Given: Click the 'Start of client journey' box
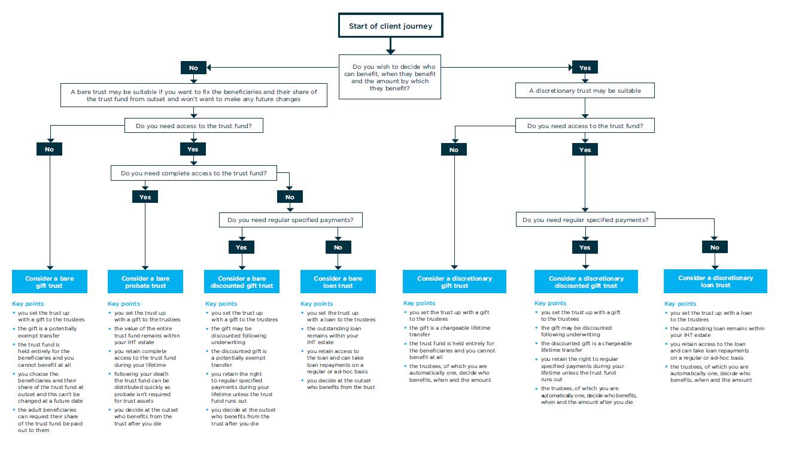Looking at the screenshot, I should tap(390, 26).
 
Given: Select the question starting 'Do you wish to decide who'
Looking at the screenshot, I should tap(390, 77).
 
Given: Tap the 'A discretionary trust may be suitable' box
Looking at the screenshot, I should tap(585, 91).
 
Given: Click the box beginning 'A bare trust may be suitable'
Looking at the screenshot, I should tap(193, 95).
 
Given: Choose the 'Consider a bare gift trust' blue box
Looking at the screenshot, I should tap(50, 282).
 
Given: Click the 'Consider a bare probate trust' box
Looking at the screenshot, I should tap(145, 282).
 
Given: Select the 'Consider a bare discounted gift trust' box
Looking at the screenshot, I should tap(242, 282).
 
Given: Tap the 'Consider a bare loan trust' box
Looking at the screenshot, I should tap(338, 282).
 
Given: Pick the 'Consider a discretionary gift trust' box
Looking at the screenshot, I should tap(454, 282).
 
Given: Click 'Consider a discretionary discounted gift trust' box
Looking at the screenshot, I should tap(585, 282).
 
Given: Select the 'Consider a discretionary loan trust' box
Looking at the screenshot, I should tap(715, 281).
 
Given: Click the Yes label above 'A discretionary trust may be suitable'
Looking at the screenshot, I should tap(585, 68).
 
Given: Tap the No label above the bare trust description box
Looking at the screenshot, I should tap(193, 68).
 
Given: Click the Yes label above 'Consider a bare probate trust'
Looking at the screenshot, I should tap(145, 197).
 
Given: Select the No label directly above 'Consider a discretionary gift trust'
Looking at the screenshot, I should tap(454, 150).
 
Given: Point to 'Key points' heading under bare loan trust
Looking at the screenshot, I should tap(316, 304).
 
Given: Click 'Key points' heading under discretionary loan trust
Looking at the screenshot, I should tap(680, 303).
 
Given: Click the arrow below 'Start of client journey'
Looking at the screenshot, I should tap(390, 46).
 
